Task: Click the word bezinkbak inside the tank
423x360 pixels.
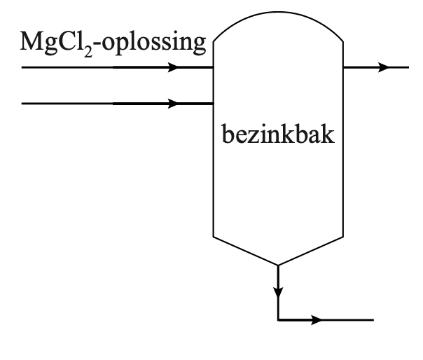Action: pyautogui.click(x=278, y=134)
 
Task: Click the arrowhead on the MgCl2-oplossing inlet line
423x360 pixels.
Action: pyautogui.click(x=173, y=68)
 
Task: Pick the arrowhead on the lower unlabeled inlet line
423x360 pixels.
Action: pyautogui.click(x=173, y=104)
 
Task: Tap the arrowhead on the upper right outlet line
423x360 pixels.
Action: pyautogui.click(x=383, y=68)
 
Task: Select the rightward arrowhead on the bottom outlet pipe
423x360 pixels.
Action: pyautogui.click(x=317, y=320)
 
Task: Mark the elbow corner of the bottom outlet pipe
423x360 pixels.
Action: pyautogui.click(x=278, y=320)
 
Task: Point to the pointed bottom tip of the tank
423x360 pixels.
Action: pyautogui.click(x=278, y=265)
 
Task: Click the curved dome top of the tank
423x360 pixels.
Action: pyautogui.click(x=278, y=16)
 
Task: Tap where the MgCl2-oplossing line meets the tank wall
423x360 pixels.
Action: pyautogui.click(x=213, y=68)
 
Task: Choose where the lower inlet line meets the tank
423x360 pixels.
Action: pyautogui.click(x=213, y=104)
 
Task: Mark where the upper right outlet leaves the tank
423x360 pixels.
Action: pyautogui.click(x=343, y=68)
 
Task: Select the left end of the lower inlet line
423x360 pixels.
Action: pyautogui.click(x=23, y=104)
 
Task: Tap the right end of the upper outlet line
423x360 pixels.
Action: pyautogui.click(x=408, y=68)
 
